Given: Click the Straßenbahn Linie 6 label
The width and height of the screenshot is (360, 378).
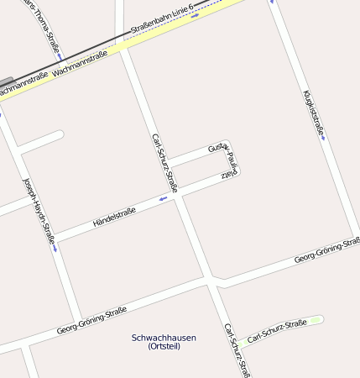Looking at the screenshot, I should [x=163, y=20].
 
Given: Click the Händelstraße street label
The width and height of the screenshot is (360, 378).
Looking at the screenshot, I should [x=114, y=216].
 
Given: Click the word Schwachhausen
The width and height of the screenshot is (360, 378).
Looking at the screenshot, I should [x=164, y=338].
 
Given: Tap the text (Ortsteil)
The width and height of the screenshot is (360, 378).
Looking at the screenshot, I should [x=164, y=346].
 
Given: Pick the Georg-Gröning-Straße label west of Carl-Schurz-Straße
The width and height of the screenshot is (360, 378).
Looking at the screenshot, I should [x=91, y=319].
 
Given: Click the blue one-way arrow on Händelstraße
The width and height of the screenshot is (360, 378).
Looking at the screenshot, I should [x=163, y=199].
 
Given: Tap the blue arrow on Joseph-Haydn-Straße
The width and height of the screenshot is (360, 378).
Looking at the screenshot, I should [x=55, y=248].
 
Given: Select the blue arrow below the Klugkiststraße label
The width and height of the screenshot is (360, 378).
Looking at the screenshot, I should [x=323, y=139].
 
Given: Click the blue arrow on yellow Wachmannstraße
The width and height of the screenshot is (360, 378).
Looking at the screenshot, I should [x=195, y=16].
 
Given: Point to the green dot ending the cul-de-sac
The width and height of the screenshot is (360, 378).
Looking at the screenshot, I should [x=316, y=320].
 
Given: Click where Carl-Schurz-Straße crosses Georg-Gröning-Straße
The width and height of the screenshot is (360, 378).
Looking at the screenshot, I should [x=211, y=279].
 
